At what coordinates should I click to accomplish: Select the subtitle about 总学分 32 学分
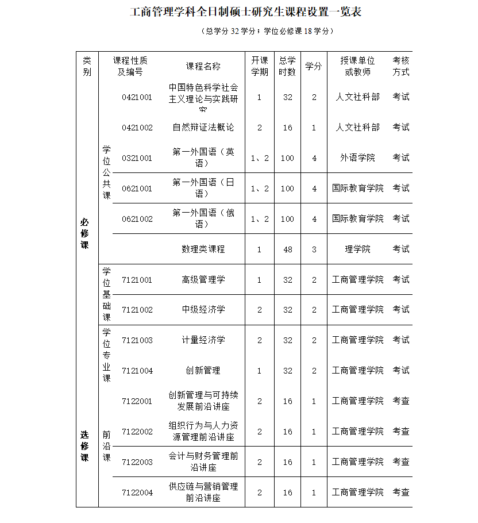pyautogui.click(x=268, y=32)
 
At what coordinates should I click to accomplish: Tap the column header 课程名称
pyautogui.click(x=203, y=67)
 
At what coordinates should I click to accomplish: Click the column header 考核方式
pyautogui.click(x=401, y=67)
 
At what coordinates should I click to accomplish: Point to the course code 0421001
pyautogui.click(x=137, y=97)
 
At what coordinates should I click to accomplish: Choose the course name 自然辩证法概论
pyautogui.click(x=203, y=128)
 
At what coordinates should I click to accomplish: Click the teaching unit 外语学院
pyautogui.click(x=357, y=157)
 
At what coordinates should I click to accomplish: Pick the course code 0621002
pyautogui.click(x=137, y=219)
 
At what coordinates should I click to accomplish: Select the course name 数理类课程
pyautogui.click(x=203, y=249)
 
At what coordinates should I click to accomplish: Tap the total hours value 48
pyautogui.click(x=287, y=249)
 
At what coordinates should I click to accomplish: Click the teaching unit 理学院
pyautogui.click(x=357, y=249)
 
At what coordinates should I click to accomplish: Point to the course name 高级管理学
pyautogui.click(x=203, y=280)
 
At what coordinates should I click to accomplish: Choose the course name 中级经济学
pyautogui.click(x=203, y=310)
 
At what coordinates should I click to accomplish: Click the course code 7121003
pyautogui.click(x=137, y=340)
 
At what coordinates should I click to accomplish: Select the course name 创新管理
pyautogui.click(x=203, y=371)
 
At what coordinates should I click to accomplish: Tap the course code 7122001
pyautogui.click(x=137, y=401)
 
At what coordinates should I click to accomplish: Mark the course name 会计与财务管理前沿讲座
pyautogui.click(x=203, y=462)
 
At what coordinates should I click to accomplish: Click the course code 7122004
pyautogui.click(x=137, y=493)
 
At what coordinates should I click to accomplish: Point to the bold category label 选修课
pyautogui.click(x=85, y=446)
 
